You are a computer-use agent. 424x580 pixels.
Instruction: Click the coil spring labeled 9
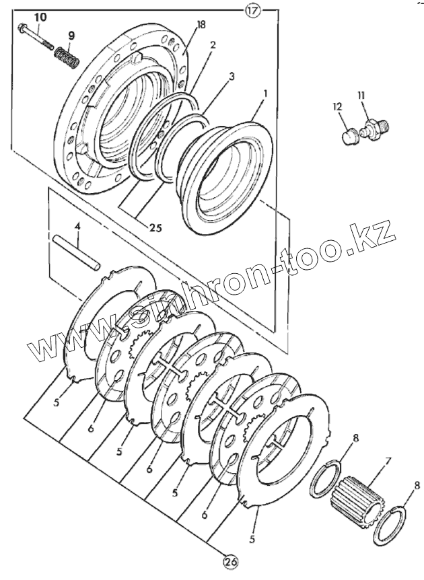[67, 57]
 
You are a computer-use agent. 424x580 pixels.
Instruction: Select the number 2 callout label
[213, 46]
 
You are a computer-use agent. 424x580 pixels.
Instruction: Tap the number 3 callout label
[231, 77]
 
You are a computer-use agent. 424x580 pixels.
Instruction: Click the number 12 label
[337, 105]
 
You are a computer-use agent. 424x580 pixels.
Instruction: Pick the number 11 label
[361, 96]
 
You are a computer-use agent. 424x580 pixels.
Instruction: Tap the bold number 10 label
[40, 15]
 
